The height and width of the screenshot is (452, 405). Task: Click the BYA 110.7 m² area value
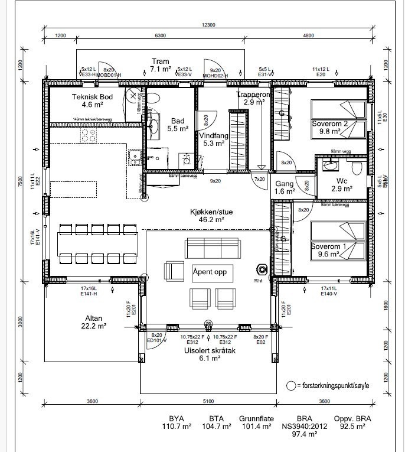(x=177, y=421)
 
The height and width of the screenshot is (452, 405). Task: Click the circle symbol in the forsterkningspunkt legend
(x=291, y=385)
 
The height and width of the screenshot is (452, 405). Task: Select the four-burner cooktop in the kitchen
(x=89, y=135)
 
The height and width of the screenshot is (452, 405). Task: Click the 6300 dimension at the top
(x=161, y=35)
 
